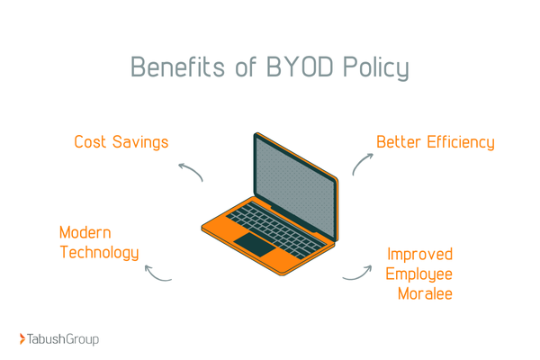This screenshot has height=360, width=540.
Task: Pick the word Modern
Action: [85, 232]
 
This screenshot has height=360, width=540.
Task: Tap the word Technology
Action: [99, 253]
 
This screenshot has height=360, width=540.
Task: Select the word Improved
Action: [419, 254]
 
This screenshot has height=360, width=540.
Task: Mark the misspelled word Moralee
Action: [425, 294]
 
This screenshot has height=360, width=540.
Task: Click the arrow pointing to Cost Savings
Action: [190, 172]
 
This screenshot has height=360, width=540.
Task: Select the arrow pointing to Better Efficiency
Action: [361, 162]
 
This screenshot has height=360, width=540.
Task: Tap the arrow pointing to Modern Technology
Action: [157, 274]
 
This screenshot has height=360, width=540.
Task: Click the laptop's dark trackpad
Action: [254, 243]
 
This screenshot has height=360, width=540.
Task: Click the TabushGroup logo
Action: [59, 338]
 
